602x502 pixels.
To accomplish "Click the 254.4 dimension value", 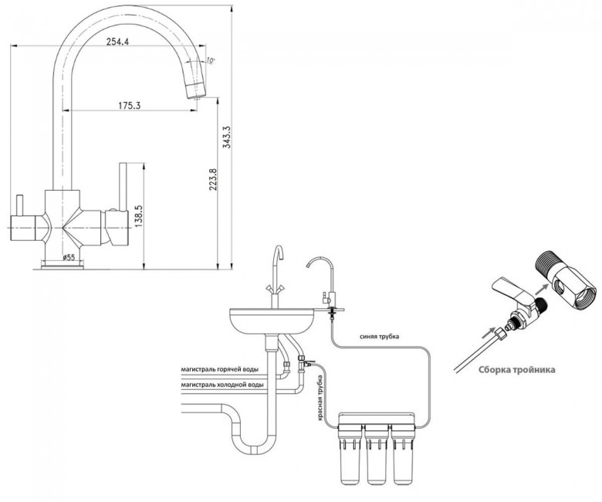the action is pyautogui.click(x=117, y=42).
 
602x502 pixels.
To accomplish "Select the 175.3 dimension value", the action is pyautogui.click(x=129, y=105).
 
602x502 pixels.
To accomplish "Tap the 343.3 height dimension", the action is pyautogui.click(x=226, y=137).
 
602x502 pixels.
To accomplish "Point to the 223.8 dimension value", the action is pyautogui.click(x=214, y=180).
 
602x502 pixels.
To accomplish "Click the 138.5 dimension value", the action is pyautogui.click(x=139, y=215).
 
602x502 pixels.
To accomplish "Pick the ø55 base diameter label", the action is pyautogui.click(x=69, y=257).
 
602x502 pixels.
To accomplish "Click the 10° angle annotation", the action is pyautogui.click(x=211, y=60).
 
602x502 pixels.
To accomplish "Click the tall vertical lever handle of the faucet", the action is pyautogui.click(x=123, y=187).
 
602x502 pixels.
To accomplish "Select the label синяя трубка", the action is pyautogui.click(x=379, y=337).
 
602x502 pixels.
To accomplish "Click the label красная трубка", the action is pyautogui.click(x=320, y=399).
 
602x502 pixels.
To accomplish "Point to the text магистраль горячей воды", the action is pyautogui.click(x=220, y=369).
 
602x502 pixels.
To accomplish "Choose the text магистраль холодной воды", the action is pyautogui.click(x=222, y=384).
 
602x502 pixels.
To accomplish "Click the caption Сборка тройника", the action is pyautogui.click(x=517, y=370).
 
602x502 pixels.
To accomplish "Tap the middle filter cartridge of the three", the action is pyautogui.click(x=377, y=453).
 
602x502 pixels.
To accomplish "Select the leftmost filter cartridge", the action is pyautogui.click(x=350, y=453).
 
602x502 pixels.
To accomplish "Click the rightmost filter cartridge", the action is pyautogui.click(x=402, y=453).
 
